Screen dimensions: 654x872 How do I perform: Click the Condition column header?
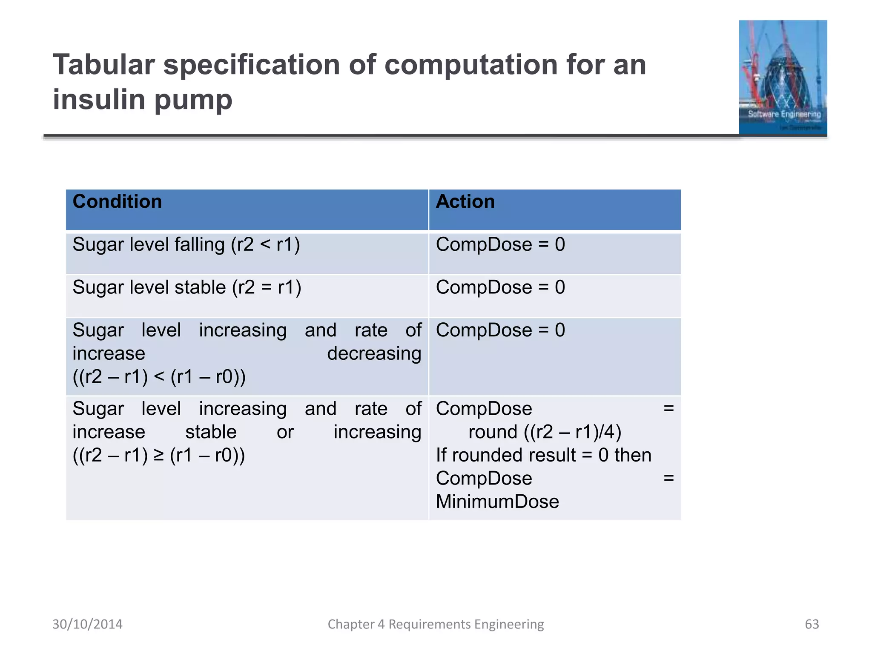pos(117,202)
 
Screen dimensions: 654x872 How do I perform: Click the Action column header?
pos(465,202)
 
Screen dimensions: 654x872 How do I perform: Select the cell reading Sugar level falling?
pos(186,245)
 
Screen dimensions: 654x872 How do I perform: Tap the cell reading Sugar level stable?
pos(186,287)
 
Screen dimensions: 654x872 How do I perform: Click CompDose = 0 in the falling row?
pos(500,245)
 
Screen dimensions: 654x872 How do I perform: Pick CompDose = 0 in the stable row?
pos(500,287)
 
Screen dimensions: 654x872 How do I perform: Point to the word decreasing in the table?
pos(374,353)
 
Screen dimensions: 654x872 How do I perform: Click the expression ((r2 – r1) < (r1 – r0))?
pos(159,377)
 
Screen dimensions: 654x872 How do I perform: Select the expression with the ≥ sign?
pos(159,455)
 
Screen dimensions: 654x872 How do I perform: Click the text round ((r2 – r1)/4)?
pos(545,432)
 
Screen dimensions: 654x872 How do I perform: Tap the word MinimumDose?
pos(497,502)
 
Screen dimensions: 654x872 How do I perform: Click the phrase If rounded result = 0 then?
pos(543,455)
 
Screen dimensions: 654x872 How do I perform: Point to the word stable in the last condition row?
pos(211,432)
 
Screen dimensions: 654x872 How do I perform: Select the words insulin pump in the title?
pos(142,100)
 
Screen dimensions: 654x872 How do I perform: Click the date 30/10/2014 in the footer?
pos(87,624)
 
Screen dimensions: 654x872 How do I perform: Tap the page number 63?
pos(812,624)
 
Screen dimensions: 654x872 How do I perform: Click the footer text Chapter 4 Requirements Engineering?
pos(436,624)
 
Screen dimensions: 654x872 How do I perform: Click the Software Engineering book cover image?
pos(783,77)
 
